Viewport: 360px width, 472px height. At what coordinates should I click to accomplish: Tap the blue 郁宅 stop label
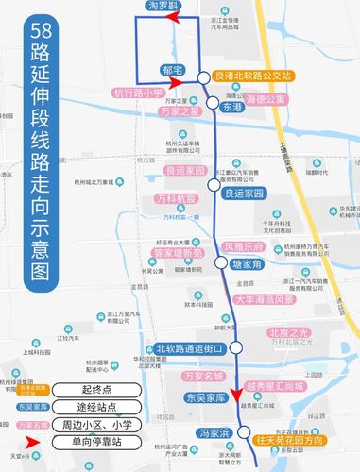pyautogui.click(x=173, y=70)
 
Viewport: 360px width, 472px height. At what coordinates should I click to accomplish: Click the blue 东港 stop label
pyautogui.click(x=232, y=109)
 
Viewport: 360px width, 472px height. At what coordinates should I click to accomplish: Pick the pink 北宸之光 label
pyautogui.click(x=289, y=332)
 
